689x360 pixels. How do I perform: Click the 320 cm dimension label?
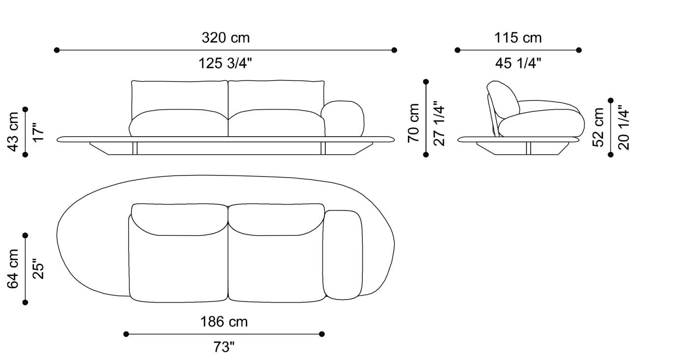[225, 38]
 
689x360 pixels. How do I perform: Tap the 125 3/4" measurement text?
[225, 63]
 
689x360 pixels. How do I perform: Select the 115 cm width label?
[518, 38]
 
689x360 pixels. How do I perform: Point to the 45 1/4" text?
[518, 63]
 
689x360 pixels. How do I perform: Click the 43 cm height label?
[13, 132]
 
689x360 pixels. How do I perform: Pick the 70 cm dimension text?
[414, 123]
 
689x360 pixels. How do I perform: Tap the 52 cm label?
[598, 127]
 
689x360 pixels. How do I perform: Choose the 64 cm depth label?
[13, 269]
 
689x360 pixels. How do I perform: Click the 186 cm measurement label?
[224, 322]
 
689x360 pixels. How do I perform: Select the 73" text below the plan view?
[224, 347]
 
